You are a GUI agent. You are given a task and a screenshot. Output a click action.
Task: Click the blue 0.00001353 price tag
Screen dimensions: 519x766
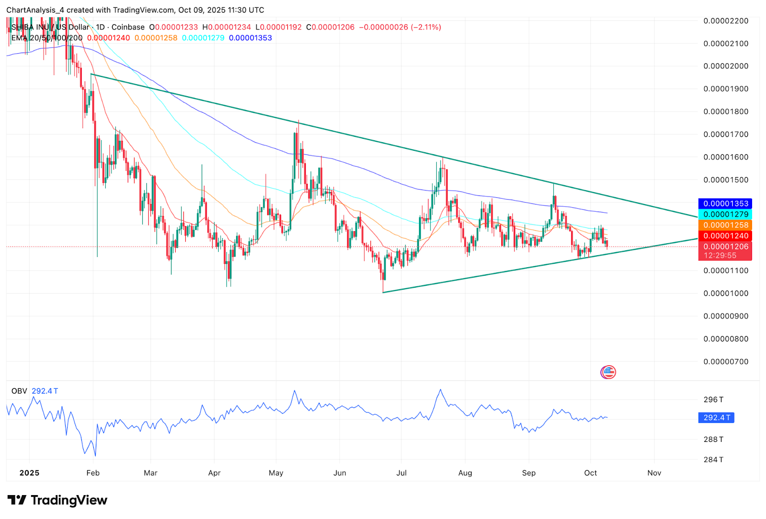point(725,203)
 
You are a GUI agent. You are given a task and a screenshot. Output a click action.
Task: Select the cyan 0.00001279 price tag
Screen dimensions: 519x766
point(725,214)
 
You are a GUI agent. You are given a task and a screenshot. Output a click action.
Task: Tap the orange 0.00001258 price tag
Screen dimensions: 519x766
point(725,225)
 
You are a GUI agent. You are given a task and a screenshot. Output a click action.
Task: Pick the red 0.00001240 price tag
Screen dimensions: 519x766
point(725,236)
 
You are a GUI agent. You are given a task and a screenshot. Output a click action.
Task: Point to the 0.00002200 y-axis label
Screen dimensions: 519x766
point(725,21)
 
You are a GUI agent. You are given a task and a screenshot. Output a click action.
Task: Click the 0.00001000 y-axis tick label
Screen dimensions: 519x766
point(725,293)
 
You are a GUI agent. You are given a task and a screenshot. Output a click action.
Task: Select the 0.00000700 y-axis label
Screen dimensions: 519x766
point(725,361)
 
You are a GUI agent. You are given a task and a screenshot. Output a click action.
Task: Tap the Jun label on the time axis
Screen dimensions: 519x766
point(339,473)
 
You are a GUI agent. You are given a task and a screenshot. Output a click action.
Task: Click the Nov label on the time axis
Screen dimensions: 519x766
point(654,473)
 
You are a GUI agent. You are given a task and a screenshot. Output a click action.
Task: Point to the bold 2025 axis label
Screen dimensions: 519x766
point(29,473)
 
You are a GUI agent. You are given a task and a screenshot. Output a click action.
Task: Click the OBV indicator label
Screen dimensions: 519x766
point(19,391)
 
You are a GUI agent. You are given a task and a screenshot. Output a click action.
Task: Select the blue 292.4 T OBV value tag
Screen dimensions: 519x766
point(716,417)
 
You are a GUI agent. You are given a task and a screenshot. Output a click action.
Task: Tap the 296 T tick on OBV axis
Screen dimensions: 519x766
point(713,399)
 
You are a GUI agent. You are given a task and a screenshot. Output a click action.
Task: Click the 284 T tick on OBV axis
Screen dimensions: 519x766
point(713,460)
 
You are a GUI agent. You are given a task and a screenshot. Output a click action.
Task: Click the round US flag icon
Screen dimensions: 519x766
point(608,372)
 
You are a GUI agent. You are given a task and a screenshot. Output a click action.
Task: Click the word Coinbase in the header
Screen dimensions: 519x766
point(128,27)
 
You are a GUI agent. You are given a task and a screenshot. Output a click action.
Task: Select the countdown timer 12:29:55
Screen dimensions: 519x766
point(720,256)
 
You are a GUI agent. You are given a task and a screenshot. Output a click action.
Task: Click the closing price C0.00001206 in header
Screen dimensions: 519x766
point(330,27)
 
